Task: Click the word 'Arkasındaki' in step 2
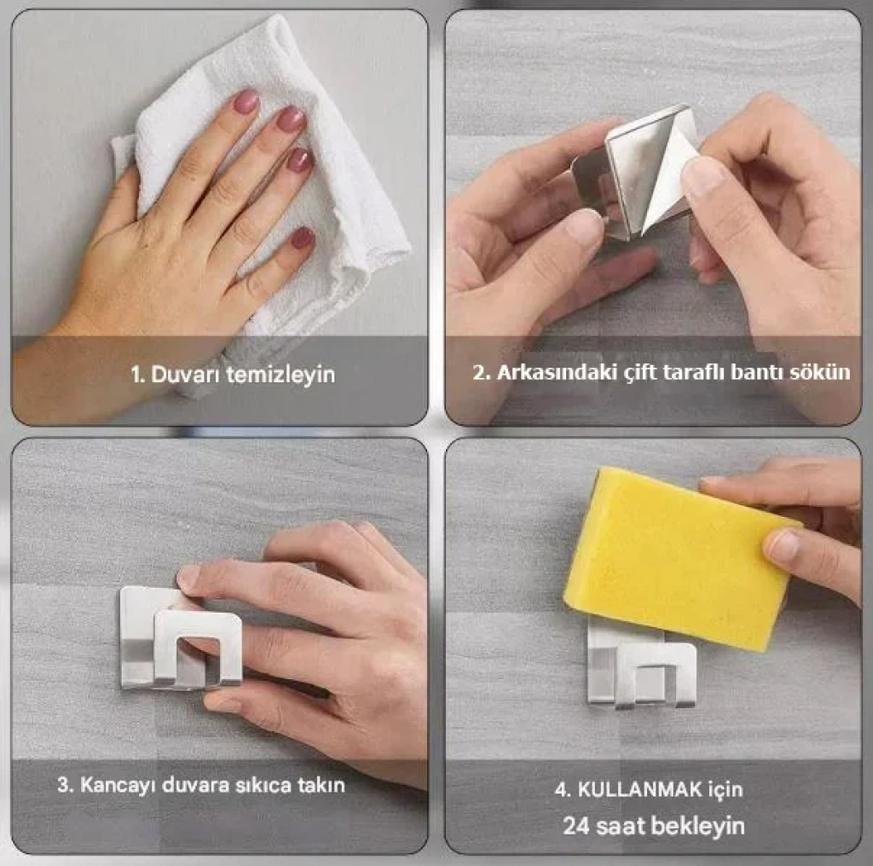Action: click(x=557, y=372)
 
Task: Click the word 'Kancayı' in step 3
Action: click(x=116, y=786)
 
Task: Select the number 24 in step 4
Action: click(x=576, y=826)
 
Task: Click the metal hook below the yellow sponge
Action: click(x=641, y=670)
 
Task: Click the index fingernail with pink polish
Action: click(x=246, y=102)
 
